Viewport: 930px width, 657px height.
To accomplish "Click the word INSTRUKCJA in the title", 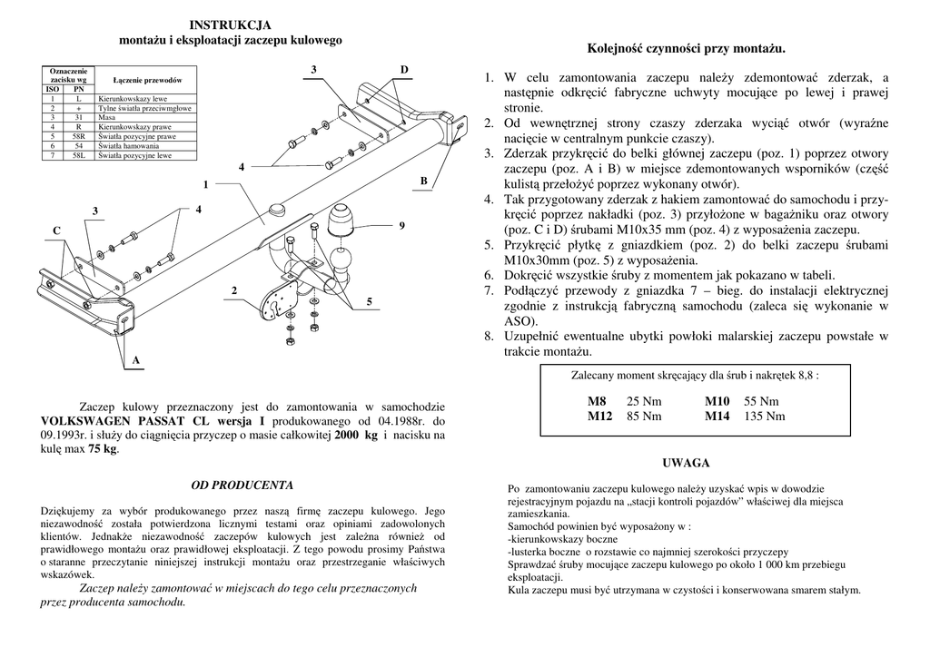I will pyautogui.click(x=231, y=25).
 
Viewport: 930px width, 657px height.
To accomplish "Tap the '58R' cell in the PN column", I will pyautogui.click(x=79, y=136).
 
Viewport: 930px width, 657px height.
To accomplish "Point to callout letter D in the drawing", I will pyautogui.click(x=404, y=70).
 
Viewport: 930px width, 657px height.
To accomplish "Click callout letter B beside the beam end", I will pyautogui.click(x=422, y=181).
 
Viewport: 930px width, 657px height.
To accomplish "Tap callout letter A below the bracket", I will pyautogui.click(x=135, y=360).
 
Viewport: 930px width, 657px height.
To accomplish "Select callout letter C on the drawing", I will pyautogui.click(x=55, y=231).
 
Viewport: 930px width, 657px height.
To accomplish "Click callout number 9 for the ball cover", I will pyautogui.click(x=401, y=225).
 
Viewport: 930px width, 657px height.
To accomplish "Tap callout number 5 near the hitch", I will pyautogui.click(x=369, y=300).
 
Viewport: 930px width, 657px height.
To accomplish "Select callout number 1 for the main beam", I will pyautogui.click(x=205, y=185).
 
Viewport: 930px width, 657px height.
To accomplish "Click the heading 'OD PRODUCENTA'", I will pyautogui.click(x=242, y=485).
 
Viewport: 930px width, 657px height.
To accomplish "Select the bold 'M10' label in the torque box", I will pyautogui.click(x=717, y=401).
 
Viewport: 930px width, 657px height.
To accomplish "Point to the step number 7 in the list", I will pyautogui.click(x=488, y=291).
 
